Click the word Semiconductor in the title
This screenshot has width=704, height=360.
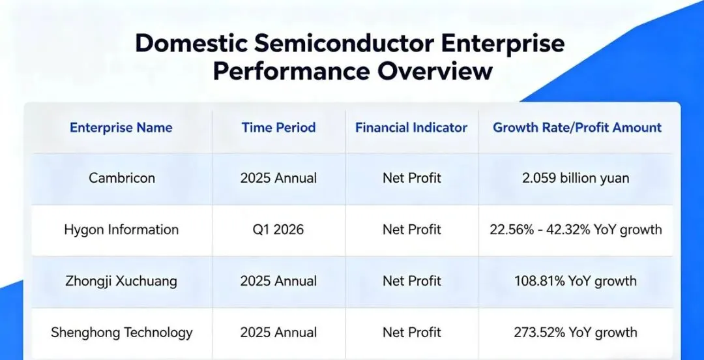click(340, 43)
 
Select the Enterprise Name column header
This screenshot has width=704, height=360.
click(121, 128)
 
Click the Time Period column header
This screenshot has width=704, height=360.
click(279, 128)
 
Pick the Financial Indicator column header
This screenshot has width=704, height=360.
click(411, 128)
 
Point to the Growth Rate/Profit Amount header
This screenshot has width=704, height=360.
click(578, 128)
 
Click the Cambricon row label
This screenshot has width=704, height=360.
click(122, 178)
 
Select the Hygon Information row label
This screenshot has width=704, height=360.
click(122, 230)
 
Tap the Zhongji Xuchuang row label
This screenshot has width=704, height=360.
click(121, 281)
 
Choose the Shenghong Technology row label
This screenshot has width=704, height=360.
click(122, 333)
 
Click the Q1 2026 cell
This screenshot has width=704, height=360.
click(278, 230)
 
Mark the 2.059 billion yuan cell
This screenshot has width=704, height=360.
click(576, 178)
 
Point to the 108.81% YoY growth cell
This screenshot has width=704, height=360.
click(576, 281)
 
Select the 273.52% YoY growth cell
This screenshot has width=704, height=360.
click(576, 333)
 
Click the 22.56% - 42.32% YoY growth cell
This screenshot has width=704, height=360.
click(576, 230)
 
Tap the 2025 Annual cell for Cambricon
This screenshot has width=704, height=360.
click(278, 178)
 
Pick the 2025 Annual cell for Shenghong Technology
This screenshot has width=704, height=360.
click(278, 333)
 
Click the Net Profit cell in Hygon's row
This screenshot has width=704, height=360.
click(412, 230)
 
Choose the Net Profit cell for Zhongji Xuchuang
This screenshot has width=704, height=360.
click(412, 281)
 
